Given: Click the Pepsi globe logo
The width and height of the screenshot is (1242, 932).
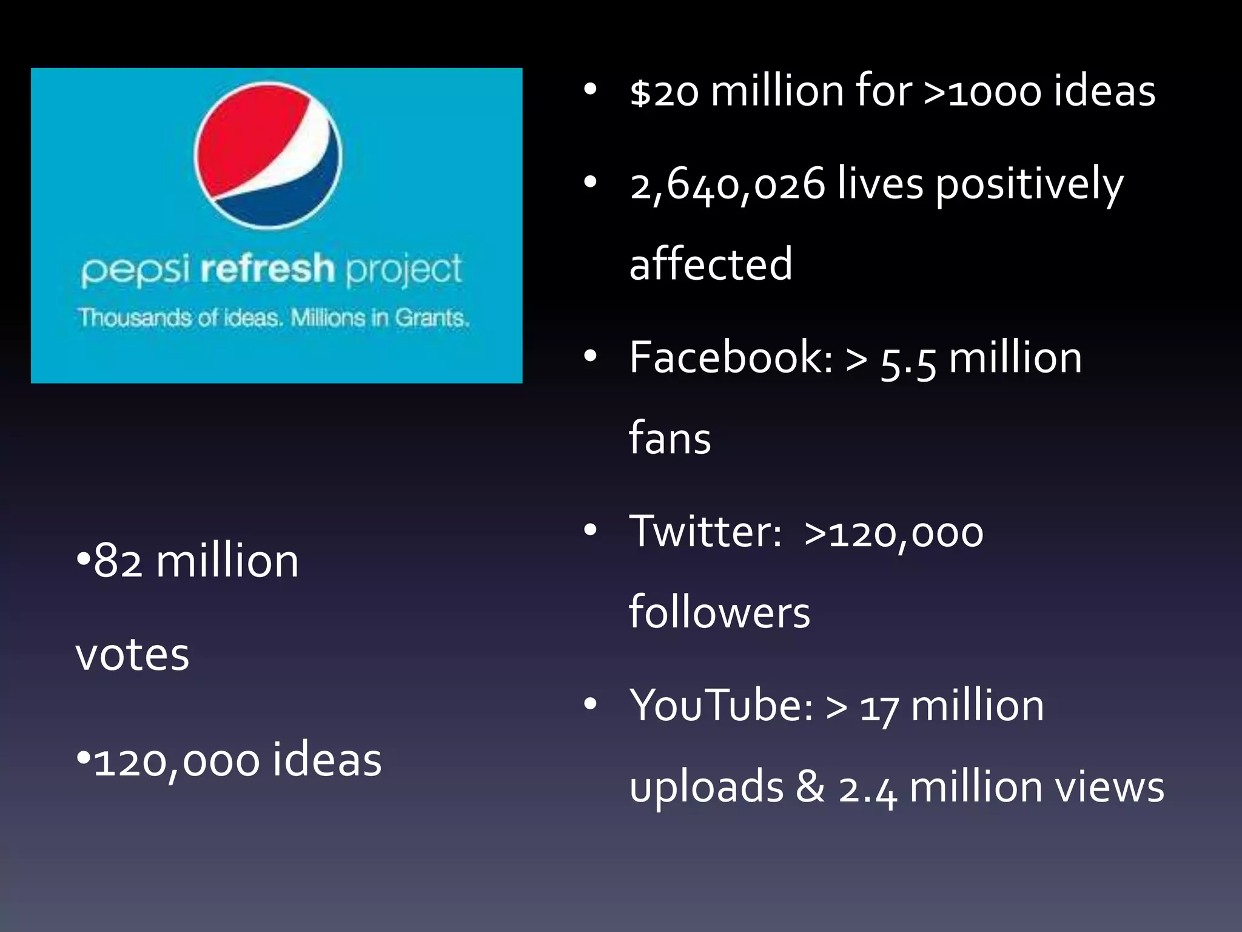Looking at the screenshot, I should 268,155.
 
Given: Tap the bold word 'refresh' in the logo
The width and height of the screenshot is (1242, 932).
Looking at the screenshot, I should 267,269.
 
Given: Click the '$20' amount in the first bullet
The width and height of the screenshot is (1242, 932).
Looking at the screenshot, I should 664,93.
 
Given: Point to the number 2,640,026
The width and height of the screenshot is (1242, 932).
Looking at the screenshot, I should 728,184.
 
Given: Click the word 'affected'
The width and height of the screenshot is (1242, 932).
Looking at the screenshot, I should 711,265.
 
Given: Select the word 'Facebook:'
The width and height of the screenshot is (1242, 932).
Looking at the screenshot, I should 731,357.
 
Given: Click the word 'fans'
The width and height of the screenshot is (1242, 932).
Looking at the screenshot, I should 670,438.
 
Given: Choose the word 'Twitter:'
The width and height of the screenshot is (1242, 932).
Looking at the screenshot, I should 705,532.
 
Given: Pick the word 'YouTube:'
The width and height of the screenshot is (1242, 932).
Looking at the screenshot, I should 721,706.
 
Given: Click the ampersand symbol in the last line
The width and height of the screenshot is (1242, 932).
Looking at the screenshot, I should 810,787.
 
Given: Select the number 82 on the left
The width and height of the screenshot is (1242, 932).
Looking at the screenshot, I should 118,561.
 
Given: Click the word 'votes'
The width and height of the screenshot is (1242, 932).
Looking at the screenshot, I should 132,655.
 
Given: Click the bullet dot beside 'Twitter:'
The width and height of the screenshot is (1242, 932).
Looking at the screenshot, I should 590,530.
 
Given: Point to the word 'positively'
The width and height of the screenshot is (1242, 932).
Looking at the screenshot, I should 1029,184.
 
